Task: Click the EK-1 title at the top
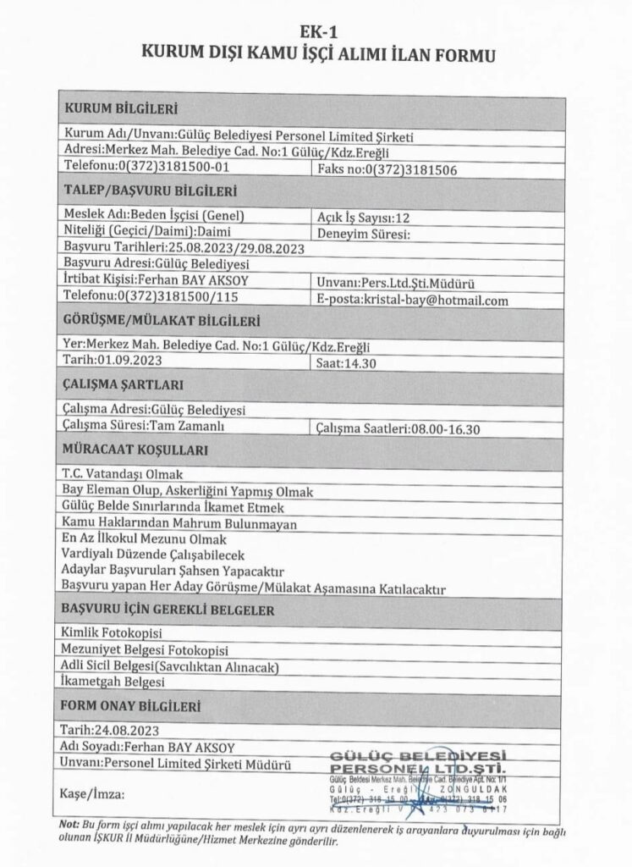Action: click(316, 34)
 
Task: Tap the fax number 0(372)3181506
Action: click(387, 169)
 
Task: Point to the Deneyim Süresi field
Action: click(362, 232)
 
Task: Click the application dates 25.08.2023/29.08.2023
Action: click(184, 248)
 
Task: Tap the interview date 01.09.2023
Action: click(113, 360)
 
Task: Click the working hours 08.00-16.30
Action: click(398, 428)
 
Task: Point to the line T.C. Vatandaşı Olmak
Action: click(123, 474)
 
